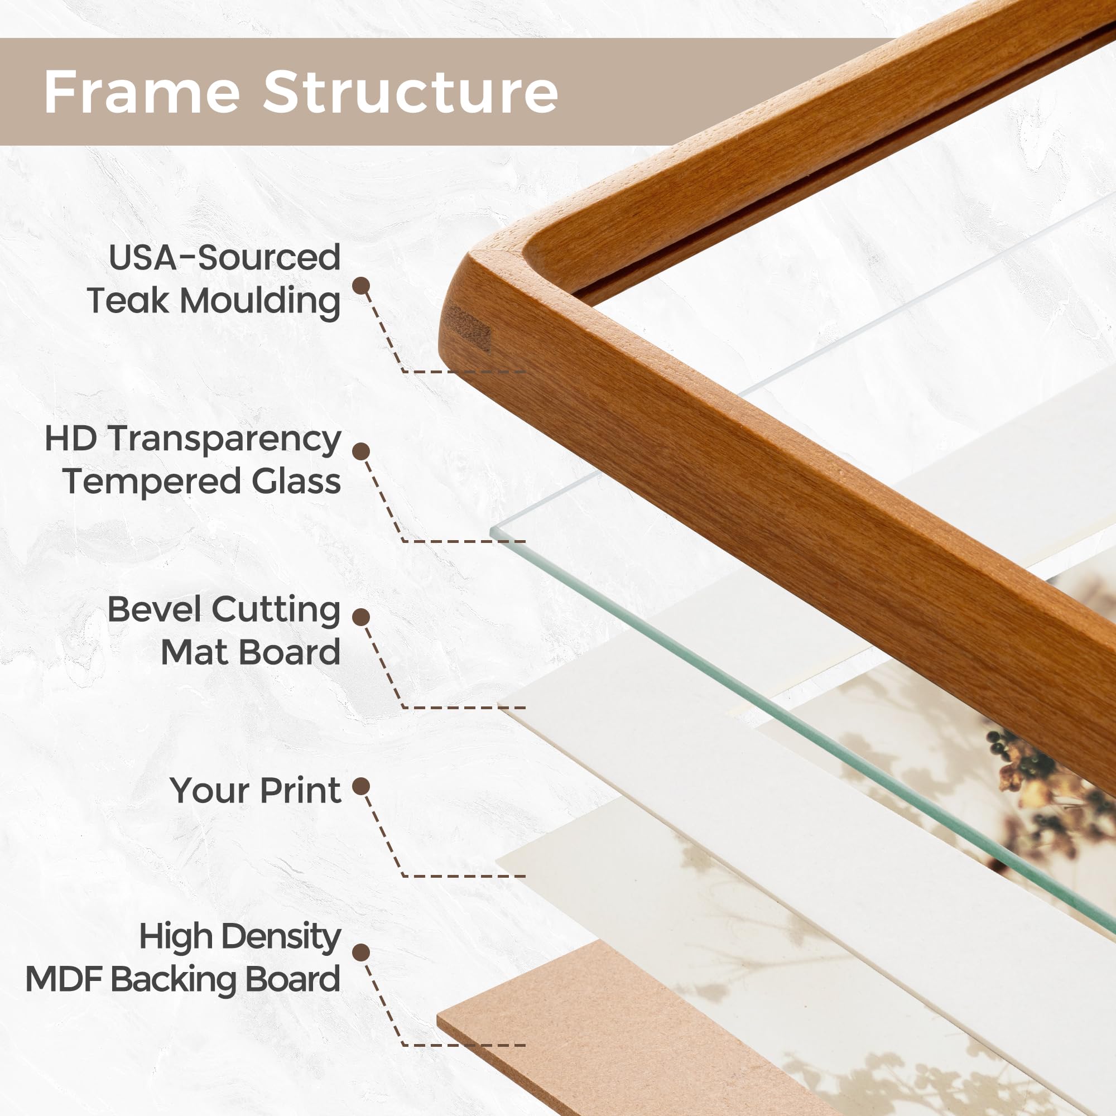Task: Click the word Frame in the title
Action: click(142, 92)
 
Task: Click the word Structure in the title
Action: click(411, 92)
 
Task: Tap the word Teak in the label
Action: click(128, 301)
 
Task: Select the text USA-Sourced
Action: click(224, 258)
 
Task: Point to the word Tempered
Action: click(152, 482)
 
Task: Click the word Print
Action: click(300, 790)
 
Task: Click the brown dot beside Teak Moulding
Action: click(361, 285)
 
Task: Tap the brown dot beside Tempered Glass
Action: click(361, 452)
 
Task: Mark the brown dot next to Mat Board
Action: click(361, 617)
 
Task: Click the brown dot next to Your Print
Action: click(361, 786)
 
